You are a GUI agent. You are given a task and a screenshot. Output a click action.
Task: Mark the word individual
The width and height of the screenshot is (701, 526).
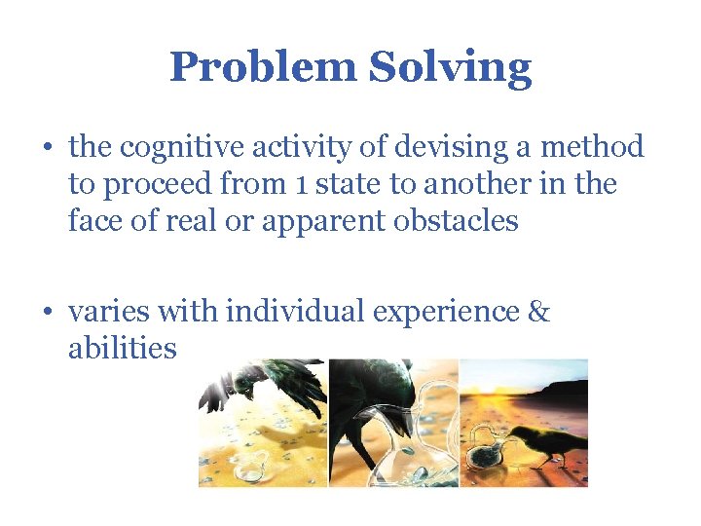(x=297, y=312)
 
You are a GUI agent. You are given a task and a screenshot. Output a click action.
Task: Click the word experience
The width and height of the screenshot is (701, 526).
(x=451, y=314)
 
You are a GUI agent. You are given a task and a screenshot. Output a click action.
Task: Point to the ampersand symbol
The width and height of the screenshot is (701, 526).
(x=538, y=312)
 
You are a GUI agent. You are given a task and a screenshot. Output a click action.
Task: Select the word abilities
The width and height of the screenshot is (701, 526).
(x=122, y=348)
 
